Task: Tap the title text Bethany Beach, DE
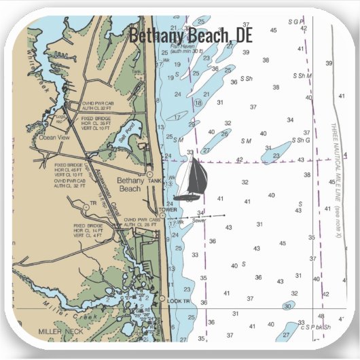point(190,35)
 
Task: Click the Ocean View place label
point(55,137)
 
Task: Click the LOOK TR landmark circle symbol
point(163,299)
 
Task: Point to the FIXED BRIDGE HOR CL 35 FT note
point(96,122)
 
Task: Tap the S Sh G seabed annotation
point(302,141)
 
